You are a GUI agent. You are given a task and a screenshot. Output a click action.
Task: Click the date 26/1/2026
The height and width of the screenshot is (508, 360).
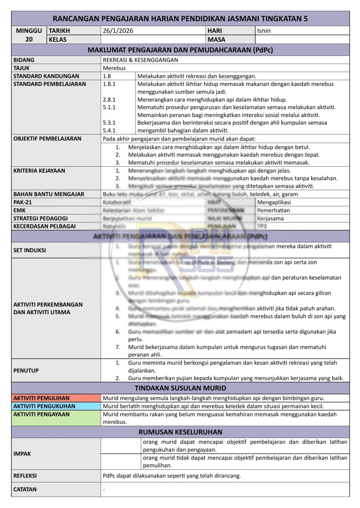(x=118, y=31)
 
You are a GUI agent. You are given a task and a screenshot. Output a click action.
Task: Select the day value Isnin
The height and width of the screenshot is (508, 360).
(x=264, y=31)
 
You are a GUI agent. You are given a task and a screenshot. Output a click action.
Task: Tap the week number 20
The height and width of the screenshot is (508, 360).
(x=29, y=40)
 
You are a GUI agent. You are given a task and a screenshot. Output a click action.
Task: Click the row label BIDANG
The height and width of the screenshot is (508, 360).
(x=24, y=60)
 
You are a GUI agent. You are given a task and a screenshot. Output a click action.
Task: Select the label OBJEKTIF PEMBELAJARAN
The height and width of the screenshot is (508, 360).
(x=47, y=138)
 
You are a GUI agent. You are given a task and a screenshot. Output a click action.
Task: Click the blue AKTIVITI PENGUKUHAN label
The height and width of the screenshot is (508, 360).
(x=44, y=406)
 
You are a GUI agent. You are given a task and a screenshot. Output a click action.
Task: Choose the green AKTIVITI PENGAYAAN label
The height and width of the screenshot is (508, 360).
(x=41, y=414)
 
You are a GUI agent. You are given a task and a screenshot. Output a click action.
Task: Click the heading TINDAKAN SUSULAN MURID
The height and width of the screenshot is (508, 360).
(x=180, y=388)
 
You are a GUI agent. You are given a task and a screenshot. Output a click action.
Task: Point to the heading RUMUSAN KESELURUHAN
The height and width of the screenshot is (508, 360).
(x=180, y=432)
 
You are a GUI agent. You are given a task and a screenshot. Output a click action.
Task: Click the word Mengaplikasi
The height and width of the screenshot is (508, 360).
(x=274, y=202)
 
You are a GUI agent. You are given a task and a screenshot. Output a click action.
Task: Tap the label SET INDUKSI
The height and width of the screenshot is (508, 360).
(x=30, y=250)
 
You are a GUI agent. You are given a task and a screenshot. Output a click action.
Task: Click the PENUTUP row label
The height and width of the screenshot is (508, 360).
(x=26, y=370)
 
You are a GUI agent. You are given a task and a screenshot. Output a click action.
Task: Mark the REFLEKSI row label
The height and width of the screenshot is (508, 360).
(x=25, y=475)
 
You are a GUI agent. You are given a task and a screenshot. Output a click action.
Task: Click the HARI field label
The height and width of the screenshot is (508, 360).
(x=215, y=31)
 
